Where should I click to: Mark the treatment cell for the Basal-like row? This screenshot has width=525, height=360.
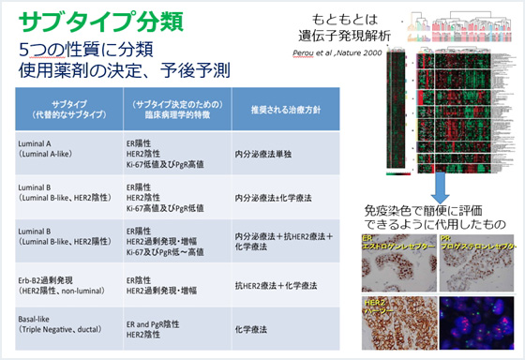tap(253, 328)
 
